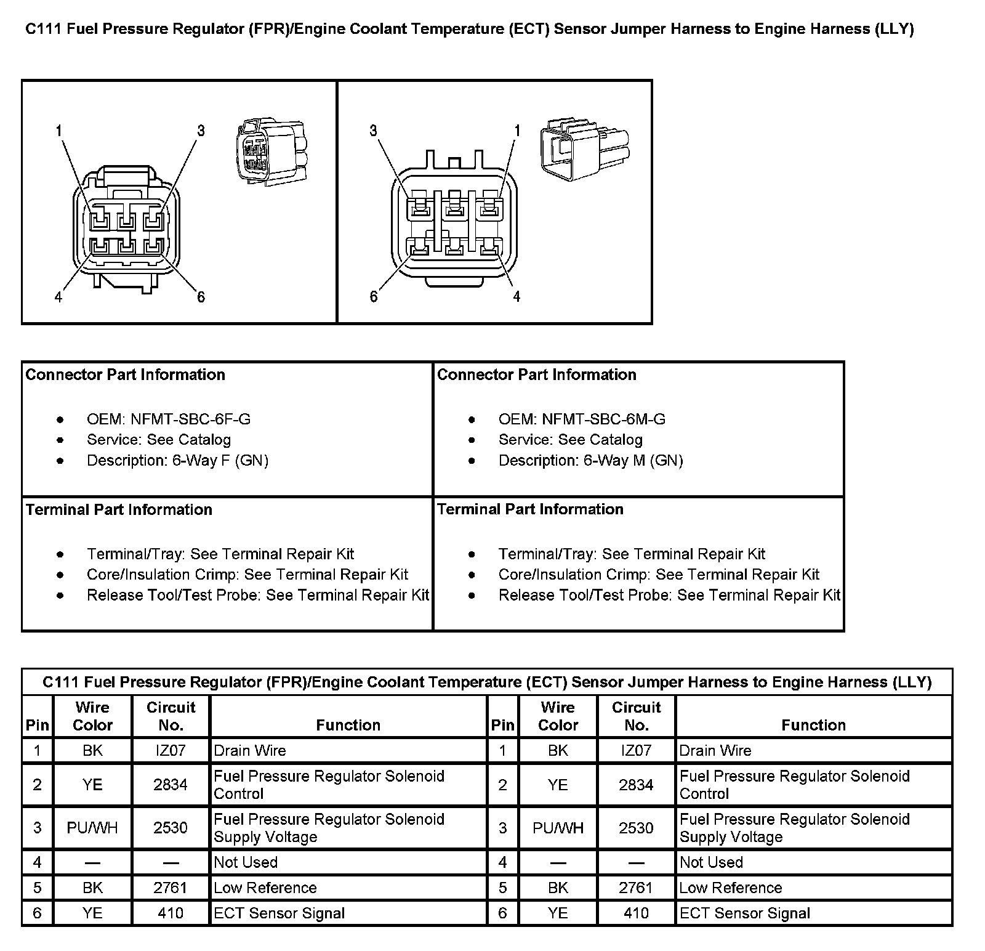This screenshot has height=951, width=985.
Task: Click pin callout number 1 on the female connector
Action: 58,131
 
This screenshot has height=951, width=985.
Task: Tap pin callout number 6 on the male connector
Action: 374,297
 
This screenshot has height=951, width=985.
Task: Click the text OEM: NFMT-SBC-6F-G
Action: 168,419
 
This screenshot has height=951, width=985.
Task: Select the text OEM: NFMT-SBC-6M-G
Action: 581,419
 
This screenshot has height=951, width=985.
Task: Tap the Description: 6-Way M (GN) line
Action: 590,461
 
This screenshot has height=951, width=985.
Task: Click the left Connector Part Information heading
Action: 125,375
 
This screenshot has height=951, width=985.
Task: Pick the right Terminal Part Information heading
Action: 530,509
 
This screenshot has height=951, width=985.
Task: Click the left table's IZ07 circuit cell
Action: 171,751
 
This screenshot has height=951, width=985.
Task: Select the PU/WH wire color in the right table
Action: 558,828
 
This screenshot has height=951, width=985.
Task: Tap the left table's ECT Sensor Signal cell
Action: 279,913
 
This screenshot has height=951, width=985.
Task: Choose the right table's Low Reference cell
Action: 730,888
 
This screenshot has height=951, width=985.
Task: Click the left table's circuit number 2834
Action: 171,785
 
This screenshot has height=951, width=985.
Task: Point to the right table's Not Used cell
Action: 711,862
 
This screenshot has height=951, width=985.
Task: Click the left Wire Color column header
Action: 92,716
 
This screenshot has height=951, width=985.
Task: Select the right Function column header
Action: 813,725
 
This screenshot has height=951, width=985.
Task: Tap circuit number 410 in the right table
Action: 636,913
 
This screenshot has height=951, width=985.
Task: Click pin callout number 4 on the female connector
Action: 58,297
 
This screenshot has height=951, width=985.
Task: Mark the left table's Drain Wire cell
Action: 250,751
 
